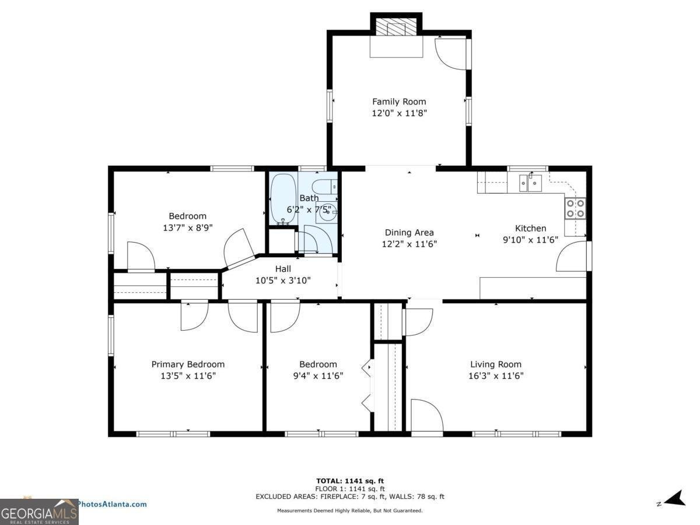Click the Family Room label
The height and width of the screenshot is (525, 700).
[x=399, y=101]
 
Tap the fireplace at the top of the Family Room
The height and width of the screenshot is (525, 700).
[x=397, y=27]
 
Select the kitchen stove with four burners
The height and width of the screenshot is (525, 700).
[x=575, y=208]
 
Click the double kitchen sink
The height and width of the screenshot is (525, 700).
[x=531, y=183]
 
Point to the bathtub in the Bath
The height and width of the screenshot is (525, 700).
[x=283, y=198]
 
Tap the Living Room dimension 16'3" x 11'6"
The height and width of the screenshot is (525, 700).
[x=496, y=376]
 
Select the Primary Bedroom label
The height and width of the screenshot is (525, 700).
[x=188, y=364]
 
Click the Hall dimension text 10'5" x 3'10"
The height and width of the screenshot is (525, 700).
[x=283, y=281]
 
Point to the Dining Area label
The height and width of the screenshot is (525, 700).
[x=409, y=232]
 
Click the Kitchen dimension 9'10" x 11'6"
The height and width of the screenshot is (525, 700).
[x=530, y=239]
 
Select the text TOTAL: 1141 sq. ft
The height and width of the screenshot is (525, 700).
[x=349, y=481]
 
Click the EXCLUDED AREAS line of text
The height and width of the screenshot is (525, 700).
[x=349, y=496]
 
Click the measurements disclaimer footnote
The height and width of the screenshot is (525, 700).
[x=349, y=510]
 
